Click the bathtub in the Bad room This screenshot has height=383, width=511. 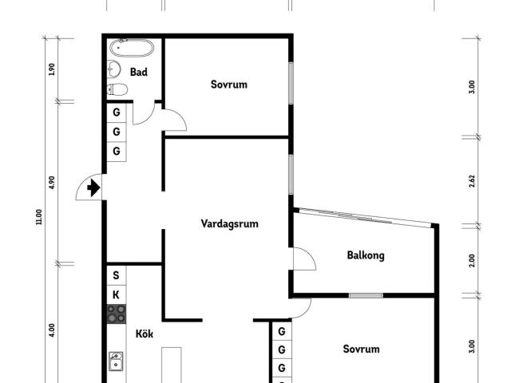131,48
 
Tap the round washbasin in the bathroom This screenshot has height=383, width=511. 113,69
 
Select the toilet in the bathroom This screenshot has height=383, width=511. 117,89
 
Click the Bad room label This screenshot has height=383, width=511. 138,72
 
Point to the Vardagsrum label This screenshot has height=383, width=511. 229,223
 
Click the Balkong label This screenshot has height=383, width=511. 366,255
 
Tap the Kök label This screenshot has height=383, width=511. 144,334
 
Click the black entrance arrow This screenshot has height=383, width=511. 93,188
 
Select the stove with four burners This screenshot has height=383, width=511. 117,314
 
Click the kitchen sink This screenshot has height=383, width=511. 116,361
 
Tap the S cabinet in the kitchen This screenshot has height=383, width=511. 117,275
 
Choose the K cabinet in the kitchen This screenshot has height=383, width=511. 117,295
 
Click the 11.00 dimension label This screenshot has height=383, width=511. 39,217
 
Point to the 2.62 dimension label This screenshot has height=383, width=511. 472,181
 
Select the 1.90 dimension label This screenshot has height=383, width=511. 51,69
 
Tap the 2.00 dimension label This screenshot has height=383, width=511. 472,261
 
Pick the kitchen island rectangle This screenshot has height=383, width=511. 172,365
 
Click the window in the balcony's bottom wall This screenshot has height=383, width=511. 366,296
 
